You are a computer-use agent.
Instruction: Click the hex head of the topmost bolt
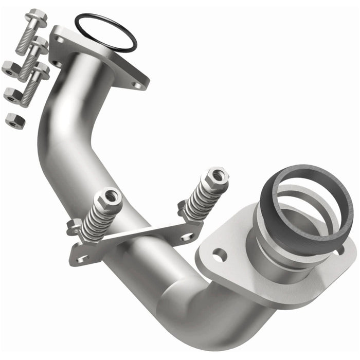coord(37,17)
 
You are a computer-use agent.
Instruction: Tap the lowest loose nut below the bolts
coord(13,120)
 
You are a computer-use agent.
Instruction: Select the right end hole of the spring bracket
coord(188,237)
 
